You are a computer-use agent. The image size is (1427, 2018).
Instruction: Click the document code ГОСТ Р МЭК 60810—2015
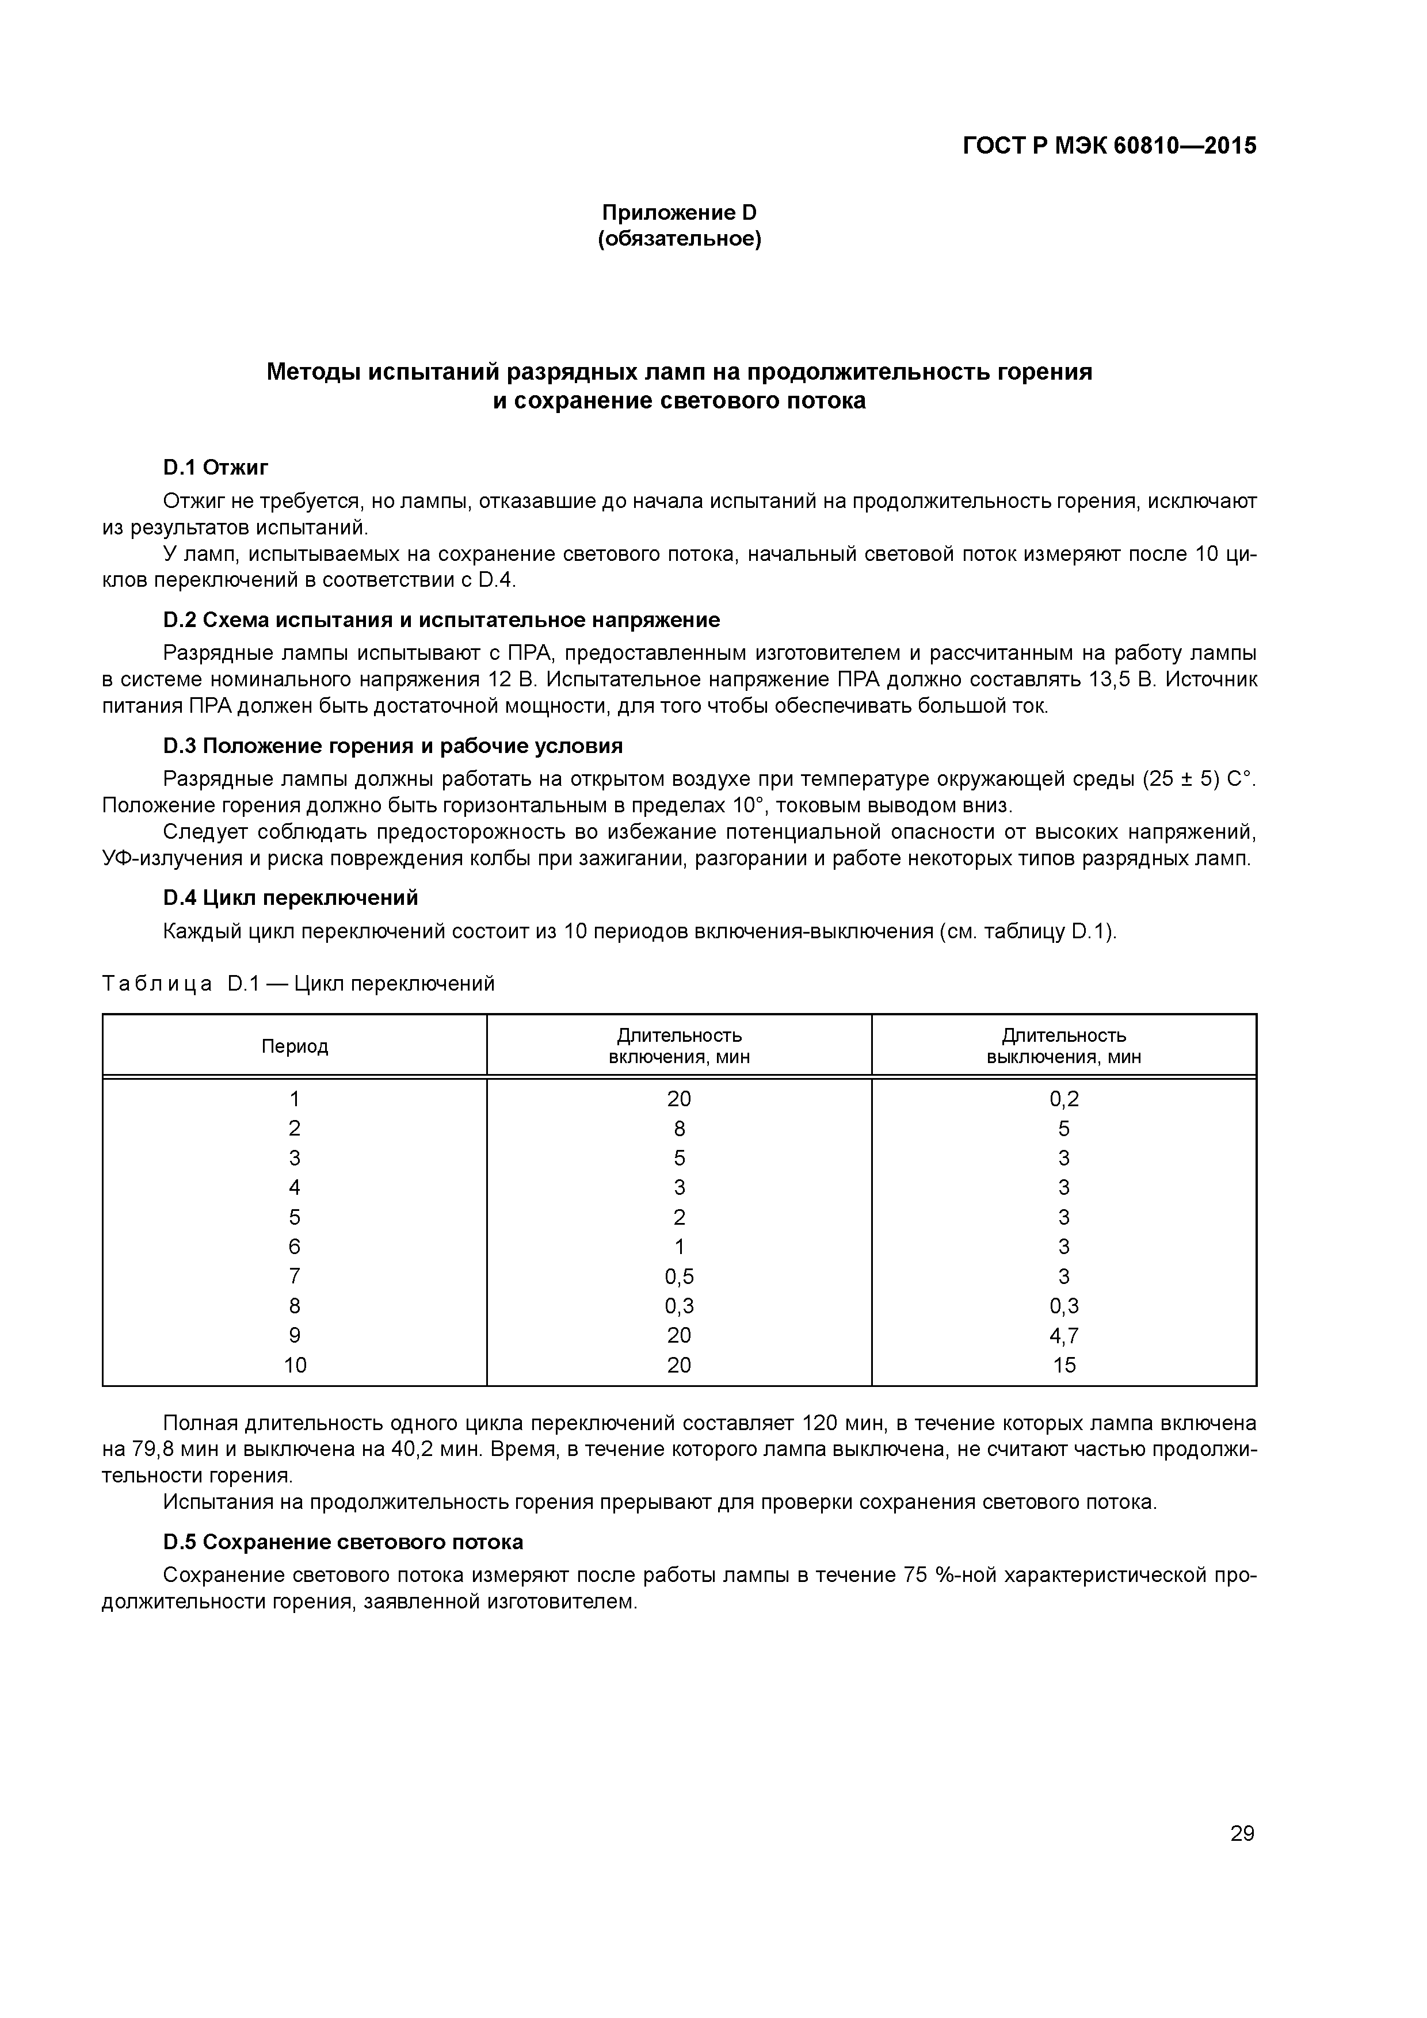tap(1109, 146)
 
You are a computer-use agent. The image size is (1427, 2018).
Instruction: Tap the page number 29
tap(1242, 1833)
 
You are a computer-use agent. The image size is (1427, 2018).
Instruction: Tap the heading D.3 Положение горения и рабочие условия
tap(392, 746)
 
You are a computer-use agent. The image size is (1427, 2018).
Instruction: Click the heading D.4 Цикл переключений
tap(290, 897)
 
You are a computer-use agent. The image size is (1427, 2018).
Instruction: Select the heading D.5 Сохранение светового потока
tap(343, 1542)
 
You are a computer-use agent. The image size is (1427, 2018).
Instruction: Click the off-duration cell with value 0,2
tap(1064, 1099)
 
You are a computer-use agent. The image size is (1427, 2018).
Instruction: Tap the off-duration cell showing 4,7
tap(1064, 1335)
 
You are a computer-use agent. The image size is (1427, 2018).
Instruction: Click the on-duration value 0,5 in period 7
tap(679, 1276)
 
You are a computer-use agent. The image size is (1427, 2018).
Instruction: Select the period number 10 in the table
tap(295, 1365)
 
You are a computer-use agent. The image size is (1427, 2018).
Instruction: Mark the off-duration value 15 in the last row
tap(1064, 1365)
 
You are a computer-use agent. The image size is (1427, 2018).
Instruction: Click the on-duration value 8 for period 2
tap(679, 1129)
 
